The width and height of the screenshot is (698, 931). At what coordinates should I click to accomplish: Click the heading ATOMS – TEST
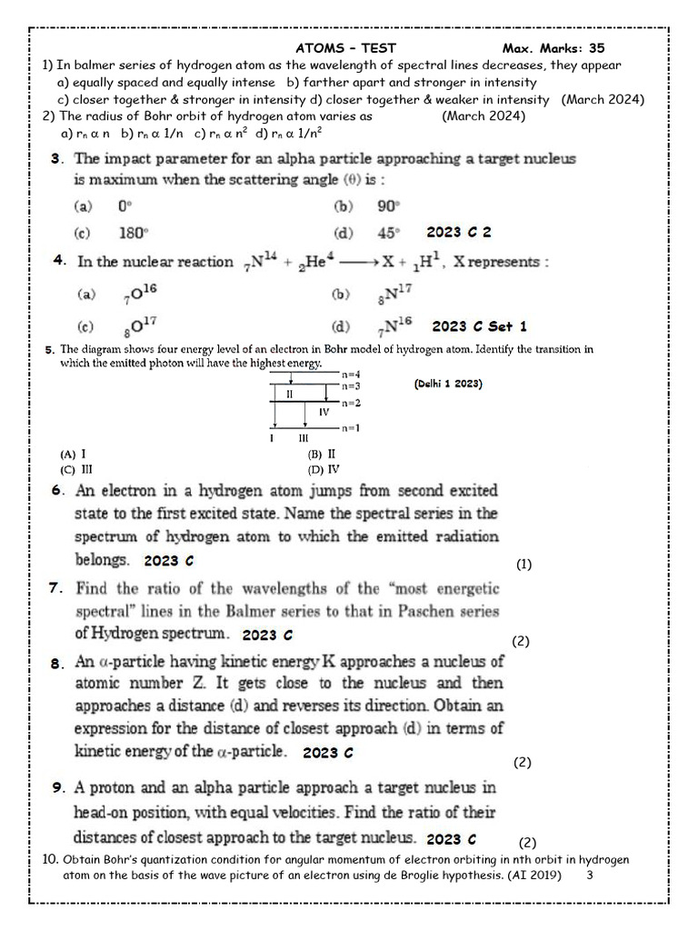coord(346,48)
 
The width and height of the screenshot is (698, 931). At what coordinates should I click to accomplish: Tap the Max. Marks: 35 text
coord(553,48)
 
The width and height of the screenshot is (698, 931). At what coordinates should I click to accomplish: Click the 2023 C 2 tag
coord(459,233)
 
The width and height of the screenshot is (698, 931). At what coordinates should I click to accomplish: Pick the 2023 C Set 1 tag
coord(479,326)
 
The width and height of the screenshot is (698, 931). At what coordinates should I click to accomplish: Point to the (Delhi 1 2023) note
coord(448,384)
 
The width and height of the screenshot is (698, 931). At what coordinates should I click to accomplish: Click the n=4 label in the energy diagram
coord(351,374)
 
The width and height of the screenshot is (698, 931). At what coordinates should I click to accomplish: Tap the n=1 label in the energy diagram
coord(351,427)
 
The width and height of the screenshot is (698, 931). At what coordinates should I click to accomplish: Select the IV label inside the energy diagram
coord(324,412)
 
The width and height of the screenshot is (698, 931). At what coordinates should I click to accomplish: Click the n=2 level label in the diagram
coord(351,402)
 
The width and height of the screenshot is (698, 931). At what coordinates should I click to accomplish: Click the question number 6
coord(58,491)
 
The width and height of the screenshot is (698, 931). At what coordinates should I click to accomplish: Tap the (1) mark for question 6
coord(523,565)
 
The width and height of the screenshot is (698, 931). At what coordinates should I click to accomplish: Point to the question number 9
coord(57,787)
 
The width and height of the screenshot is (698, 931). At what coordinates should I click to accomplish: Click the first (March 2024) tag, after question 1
coord(603,99)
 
